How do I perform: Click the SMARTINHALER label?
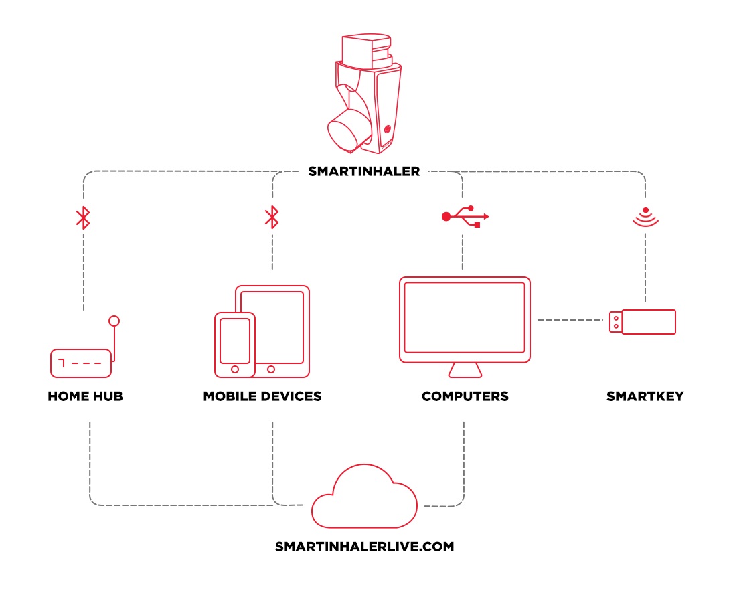363,171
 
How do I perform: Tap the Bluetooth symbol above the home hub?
83,217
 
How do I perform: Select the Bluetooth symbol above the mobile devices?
272,217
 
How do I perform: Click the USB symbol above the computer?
465,216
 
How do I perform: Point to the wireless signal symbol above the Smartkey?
645,217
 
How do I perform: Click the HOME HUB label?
85,396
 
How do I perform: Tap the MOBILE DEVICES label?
262,396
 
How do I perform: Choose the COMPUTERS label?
465,396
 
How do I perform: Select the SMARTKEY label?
645,396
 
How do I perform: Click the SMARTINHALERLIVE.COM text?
365,547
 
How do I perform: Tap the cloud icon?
364,526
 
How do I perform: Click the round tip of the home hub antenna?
114,321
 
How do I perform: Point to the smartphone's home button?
235,369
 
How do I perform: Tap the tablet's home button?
271,369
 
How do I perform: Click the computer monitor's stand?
465,370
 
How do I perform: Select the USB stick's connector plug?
616,322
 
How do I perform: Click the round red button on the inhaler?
387,129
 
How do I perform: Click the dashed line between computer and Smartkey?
570,320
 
